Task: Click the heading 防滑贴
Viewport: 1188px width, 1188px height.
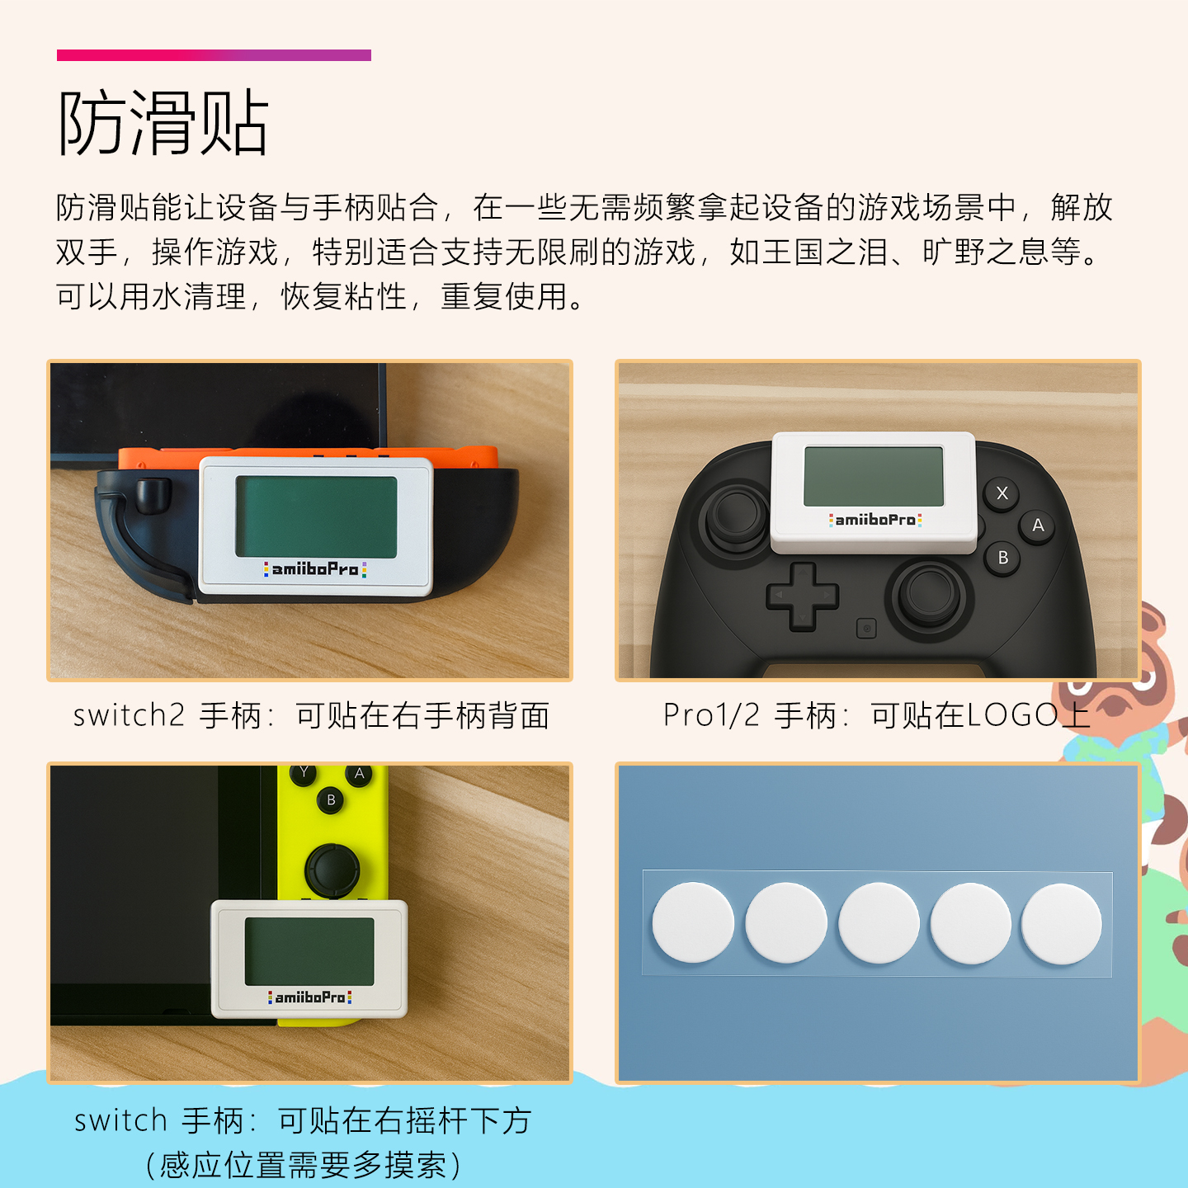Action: point(163,124)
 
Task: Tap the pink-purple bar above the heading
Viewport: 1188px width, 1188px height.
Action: point(214,55)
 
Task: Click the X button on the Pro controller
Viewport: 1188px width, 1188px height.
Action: point(1002,493)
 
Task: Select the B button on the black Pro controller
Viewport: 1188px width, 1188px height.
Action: point(1003,558)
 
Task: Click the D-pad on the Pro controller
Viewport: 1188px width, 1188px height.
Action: point(802,596)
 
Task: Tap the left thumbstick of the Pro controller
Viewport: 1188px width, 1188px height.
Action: point(738,516)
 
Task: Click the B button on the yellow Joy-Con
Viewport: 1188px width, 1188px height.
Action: point(331,799)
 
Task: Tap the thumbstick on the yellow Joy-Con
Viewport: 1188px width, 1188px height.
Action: point(332,869)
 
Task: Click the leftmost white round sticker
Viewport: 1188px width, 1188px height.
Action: point(693,922)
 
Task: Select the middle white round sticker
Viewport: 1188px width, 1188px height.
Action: point(879,923)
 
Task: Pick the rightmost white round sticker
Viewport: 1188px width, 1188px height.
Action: point(1062,924)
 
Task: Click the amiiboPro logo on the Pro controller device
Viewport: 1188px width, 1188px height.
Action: point(875,520)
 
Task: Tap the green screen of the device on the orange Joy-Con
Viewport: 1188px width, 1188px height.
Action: point(316,516)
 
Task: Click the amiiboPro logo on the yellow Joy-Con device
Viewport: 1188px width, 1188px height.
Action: point(310,997)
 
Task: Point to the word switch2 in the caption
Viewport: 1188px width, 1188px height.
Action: point(129,715)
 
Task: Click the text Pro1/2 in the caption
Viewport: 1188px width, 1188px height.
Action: point(711,715)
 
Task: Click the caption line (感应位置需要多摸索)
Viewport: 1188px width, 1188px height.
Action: point(303,1165)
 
